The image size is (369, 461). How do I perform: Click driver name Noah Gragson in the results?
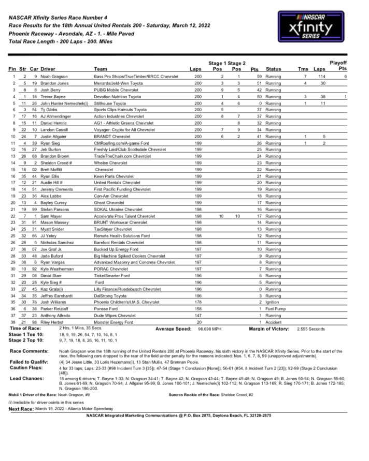(55, 77)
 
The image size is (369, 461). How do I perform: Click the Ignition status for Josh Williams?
(272, 302)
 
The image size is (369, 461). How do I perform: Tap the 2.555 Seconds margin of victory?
(311, 329)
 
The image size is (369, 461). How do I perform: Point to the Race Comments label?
(28, 351)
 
